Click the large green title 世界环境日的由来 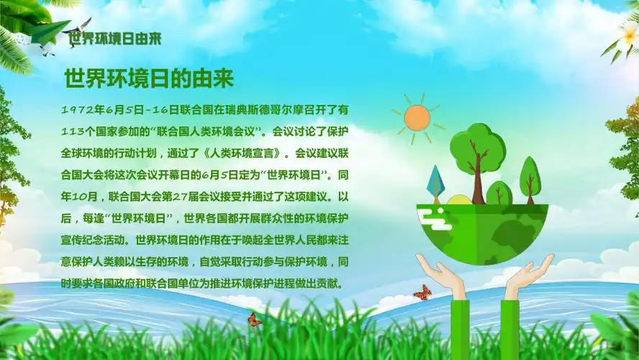(x=150, y=78)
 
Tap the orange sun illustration (x=417, y=117)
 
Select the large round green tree (x=477, y=150)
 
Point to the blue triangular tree (x=435, y=181)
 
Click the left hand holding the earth (x=440, y=274)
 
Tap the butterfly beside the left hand (x=422, y=292)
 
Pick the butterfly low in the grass (x=254, y=320)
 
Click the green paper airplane (x=50, y=31)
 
